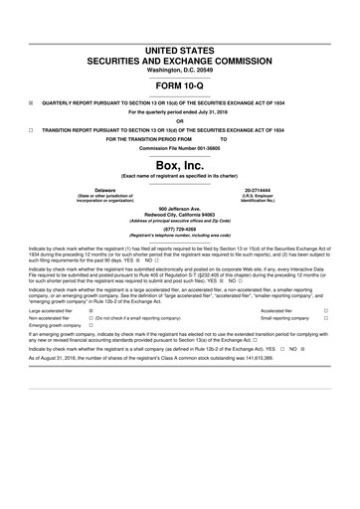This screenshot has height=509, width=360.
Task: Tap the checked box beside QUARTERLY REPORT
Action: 31,100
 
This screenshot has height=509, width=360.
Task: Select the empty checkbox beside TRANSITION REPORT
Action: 31,129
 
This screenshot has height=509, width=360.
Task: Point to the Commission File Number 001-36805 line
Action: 179,147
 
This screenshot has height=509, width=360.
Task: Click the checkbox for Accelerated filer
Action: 325,310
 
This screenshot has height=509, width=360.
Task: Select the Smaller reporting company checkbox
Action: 325,318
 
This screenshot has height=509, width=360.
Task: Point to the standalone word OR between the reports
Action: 179,121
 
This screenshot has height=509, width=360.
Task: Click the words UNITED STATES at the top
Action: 179,49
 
